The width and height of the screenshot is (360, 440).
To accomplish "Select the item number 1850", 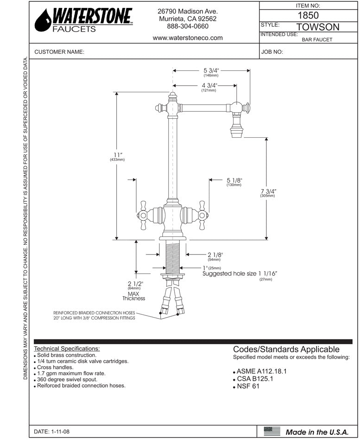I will pyautogui.click(x=305, y=15).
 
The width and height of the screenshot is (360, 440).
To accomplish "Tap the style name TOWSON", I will pyautogui.click(x=317, y=27).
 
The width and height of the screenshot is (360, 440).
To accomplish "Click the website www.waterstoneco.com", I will pyautogui.click(x=188, y=38).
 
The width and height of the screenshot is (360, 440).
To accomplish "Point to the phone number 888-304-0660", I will pyautogui.click(x=188, y=26).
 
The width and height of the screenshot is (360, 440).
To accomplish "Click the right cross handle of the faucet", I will pyautogui.click(x=202, y=215).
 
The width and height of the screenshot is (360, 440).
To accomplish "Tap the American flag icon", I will pyautogui.click(x=272, y=431).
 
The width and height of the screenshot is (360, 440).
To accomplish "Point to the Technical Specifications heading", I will pyautogui.click(x=67, y=349).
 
